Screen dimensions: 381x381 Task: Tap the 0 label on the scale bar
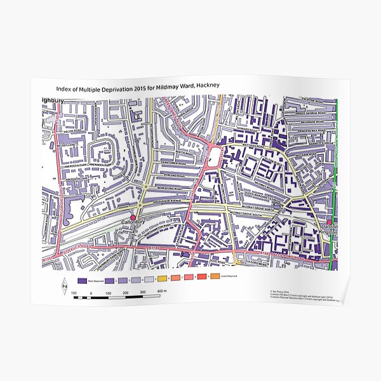click(91, 294)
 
